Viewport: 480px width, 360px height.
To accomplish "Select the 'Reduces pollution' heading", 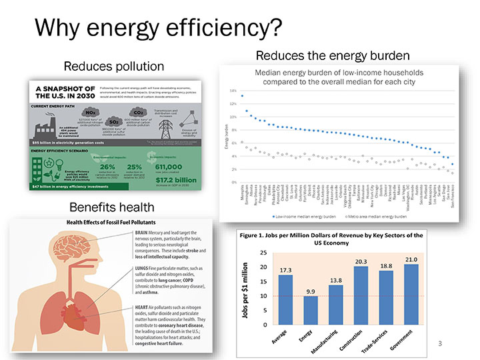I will pos(113,67).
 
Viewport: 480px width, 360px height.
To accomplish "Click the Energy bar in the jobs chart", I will pos(311,309).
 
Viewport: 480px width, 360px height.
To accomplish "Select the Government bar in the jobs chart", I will pos(411,294).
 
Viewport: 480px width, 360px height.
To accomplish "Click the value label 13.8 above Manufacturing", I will pos(336,280).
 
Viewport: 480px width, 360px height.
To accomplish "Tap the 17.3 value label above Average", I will pos(286,270).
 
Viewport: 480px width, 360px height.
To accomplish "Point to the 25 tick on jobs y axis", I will pos(263,253).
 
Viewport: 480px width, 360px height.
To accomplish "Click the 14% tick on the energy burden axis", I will pos(233,91).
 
